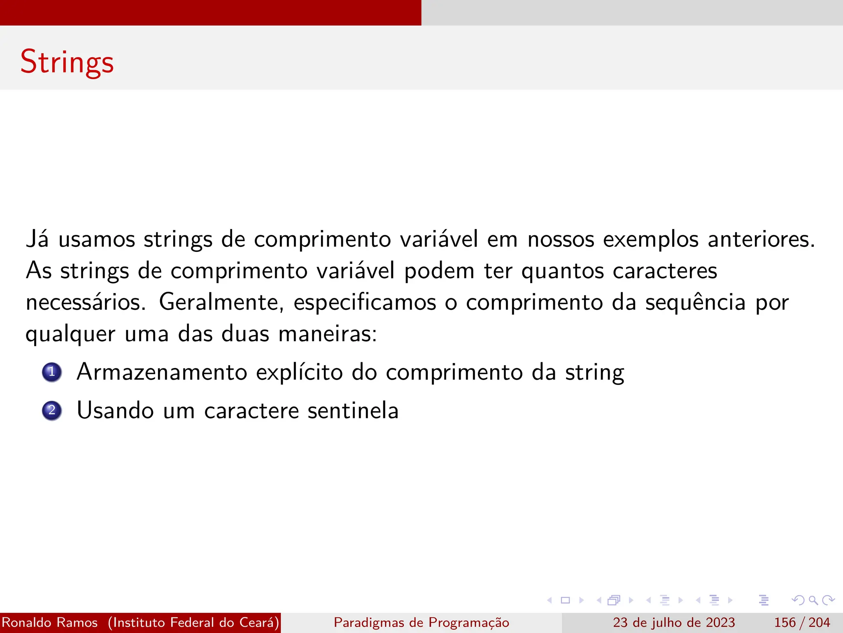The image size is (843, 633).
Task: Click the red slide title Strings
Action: tap(67, 62)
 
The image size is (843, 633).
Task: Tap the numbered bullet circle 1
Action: tap(52, 372)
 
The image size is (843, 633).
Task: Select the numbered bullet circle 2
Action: tap(52, 410)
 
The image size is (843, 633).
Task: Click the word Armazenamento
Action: tap(162, 372)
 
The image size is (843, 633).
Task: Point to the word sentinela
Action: tap(353, 410)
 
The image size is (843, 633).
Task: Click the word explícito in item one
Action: tap(299, 373)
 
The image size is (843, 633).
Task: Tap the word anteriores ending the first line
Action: tap(761, 239)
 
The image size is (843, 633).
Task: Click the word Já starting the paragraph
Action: tap(37, 239)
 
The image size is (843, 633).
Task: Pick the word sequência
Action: tap(695, 302)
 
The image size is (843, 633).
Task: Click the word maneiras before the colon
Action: tap(325, 334)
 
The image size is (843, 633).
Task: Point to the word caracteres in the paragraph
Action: tap(665, 271)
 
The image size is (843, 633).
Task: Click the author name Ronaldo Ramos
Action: tap(50, 622)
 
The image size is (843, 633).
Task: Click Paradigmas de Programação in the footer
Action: tap(421, 622)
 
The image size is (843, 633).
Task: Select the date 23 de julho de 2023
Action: tap(674, 622)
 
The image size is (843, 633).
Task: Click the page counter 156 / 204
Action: tap(802, 622)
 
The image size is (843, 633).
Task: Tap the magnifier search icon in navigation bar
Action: tap(813, 600)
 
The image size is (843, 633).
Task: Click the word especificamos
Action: tap(365, 302)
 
